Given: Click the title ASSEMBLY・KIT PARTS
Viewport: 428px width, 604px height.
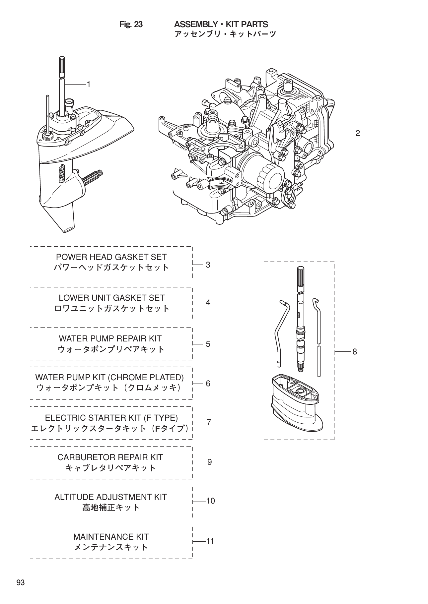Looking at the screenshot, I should pyautogui.click(x=221, y=25).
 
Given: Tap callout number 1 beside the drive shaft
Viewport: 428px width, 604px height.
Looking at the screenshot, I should pyautogui.click(x=89, y=85).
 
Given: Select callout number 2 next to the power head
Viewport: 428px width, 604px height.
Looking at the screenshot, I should pyautogui.click(x=357, y=133).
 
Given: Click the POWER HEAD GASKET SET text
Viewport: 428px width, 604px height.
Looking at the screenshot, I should pyautogui.click(x=111, y=257).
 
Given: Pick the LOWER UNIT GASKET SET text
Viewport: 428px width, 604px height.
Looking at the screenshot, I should pyautogui.click(x=111, y=298).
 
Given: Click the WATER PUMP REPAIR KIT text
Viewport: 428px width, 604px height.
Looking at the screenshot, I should pyautogui.click(x=110, y=338).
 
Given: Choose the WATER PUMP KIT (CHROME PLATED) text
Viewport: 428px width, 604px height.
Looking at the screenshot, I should pyautogui.click(x=109, y=377).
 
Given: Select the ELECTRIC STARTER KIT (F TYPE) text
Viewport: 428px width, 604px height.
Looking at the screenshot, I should pyautogui.click(x=111, y=418).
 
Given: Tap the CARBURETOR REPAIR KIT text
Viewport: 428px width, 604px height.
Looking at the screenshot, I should pyautogui.click(x=110, y=457).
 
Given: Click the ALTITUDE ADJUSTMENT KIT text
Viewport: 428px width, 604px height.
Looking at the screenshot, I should pyautogui.click(x=110, y=497).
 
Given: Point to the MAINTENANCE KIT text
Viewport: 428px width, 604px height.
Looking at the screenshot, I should pyautogui.click(x=111, y=537).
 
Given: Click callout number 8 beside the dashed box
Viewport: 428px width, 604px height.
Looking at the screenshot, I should pyautogui.click(x=355, y=352).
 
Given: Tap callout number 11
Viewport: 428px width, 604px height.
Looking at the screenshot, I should pyautogui.click(x=210, y=541).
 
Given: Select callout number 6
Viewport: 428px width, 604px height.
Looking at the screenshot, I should pyautogui.click(x=208, y=384).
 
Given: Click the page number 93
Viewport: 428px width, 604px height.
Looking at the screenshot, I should pyautogui.click(x=21, y=583).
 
